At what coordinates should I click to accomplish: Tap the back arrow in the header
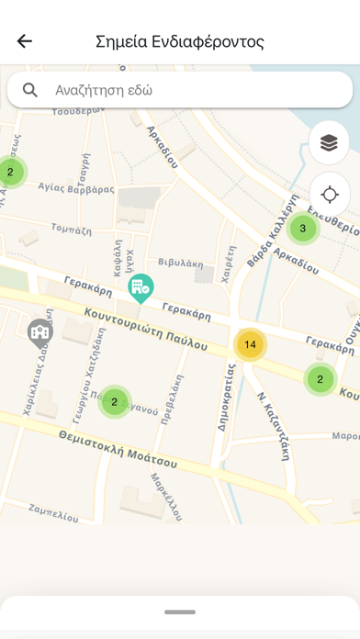pos(25,41)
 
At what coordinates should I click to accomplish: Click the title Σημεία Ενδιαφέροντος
pos(180,41)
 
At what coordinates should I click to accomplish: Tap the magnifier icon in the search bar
pos(31,90)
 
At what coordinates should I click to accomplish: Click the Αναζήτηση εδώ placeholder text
pos(104,91)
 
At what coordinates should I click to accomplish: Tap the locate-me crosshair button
pos(330,195)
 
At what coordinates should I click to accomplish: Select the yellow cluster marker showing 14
pos(250,344)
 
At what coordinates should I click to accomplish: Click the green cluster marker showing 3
pos(302,229)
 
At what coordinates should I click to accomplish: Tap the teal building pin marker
pos(141,288)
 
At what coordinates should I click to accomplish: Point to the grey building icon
pos(39,331)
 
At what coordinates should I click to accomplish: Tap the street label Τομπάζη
pos(69,227)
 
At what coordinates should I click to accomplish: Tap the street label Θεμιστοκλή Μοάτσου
pos(117,447)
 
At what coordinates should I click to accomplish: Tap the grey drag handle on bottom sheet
pos(180,611)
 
